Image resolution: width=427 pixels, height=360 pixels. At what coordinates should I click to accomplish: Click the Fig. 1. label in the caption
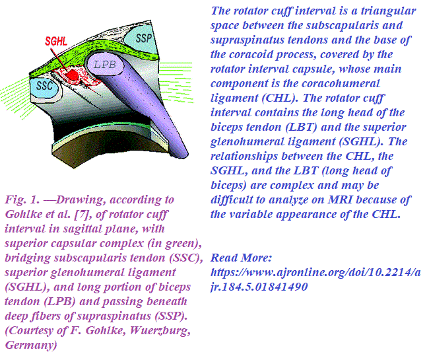tap(21, 199)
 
